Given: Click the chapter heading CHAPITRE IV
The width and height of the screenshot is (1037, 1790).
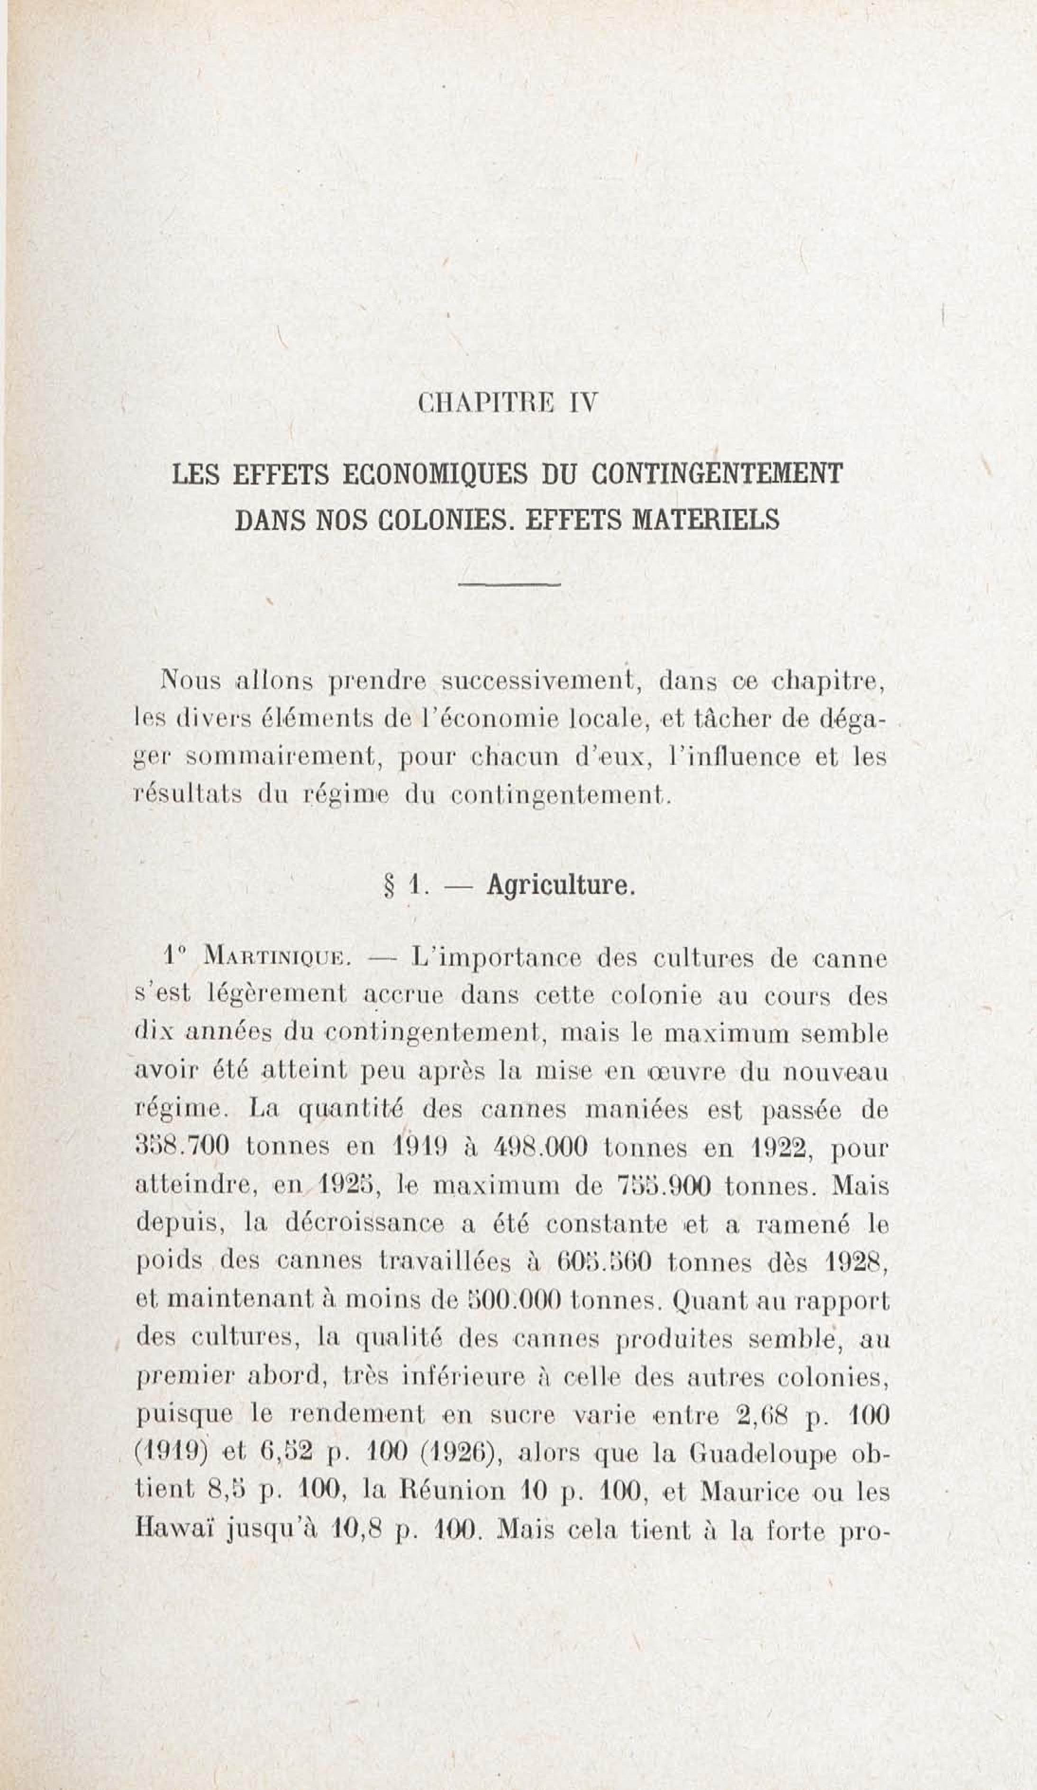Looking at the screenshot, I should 508,404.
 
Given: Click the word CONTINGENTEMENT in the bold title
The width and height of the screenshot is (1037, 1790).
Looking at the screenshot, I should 717,474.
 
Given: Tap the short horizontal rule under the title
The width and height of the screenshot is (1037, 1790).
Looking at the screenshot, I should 509,585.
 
